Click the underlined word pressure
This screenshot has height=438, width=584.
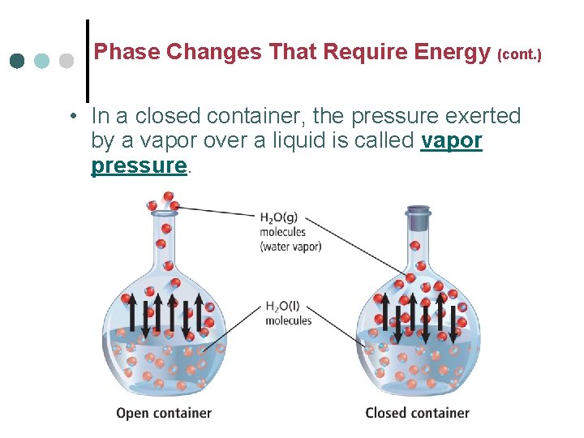tap(139, 165)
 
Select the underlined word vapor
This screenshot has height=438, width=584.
tap(452, 140)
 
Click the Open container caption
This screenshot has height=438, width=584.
tap(164, 413)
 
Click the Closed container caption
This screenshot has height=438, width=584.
tap(417, 413)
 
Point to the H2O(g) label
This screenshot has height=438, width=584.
tap(278, 217)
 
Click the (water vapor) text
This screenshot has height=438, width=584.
tap(290, 247)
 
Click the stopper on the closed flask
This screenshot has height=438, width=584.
tap(418, 218)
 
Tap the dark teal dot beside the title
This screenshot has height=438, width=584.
tap(17, 62)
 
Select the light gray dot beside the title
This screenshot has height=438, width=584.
tap(67, 62)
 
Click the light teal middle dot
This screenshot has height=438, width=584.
tap(42, 62)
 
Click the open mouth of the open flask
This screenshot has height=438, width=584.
tap(166, 212)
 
